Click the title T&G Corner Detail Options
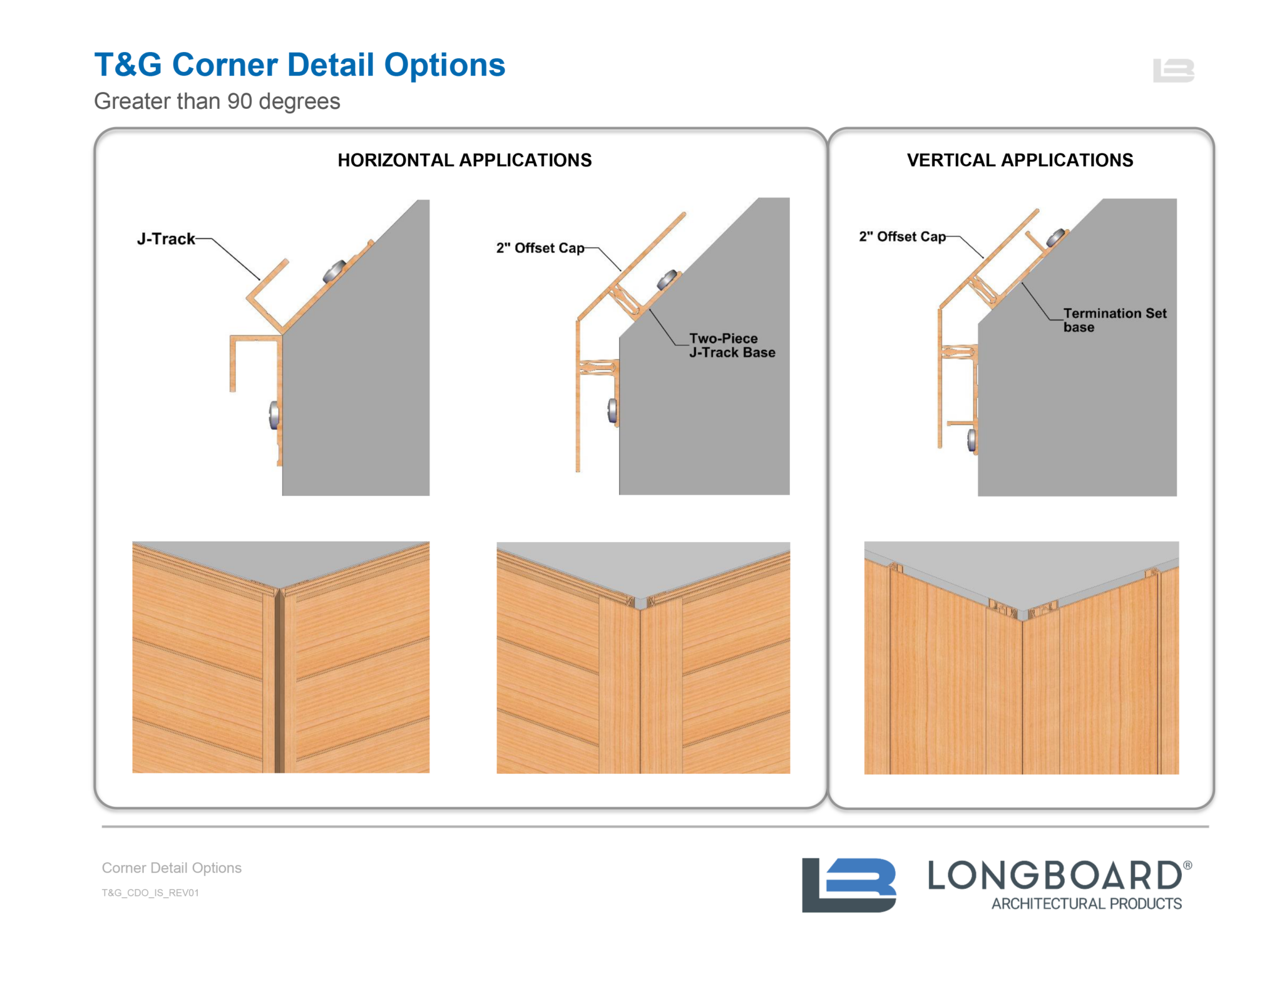(299, 65)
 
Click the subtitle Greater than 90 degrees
(217, 101)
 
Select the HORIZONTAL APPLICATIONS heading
(464, 160)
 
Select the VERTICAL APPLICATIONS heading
(1019, 160)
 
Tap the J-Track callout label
(166, 239)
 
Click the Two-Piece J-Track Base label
(731, 346)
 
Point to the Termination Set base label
(1114, 320)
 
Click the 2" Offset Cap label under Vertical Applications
(901, 237)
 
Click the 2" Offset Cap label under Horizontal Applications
(540, 248)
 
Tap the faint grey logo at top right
(1173, 70)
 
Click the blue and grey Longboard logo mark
(848, 885)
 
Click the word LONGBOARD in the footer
(1054, 875)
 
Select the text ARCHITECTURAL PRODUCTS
(1086, 903)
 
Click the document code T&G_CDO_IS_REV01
(150, 893)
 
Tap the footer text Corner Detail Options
(172, 868)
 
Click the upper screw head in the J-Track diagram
(334, 271)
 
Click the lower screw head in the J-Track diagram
(274, 415)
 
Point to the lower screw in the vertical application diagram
(972, 439)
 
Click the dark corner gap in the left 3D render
(279, 682)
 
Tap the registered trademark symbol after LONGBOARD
(1187, 865)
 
